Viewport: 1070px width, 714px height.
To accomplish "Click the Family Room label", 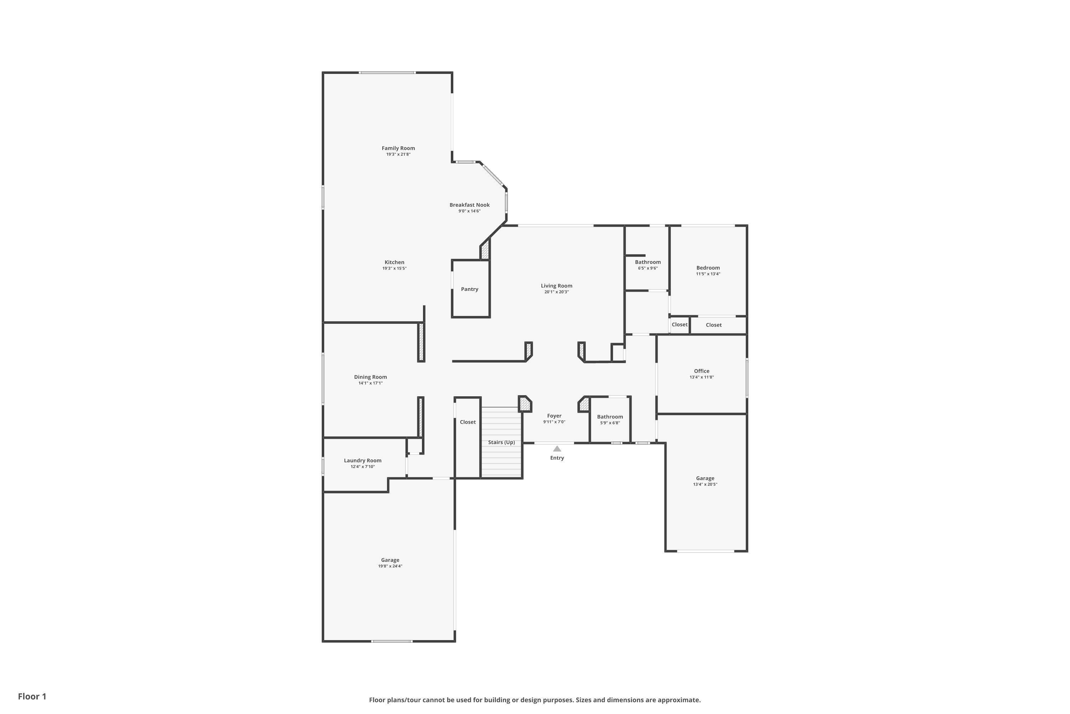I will [398, 148].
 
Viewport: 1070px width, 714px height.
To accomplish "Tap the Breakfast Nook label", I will [469, 205].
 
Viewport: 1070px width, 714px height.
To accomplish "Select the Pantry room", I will [469, 289].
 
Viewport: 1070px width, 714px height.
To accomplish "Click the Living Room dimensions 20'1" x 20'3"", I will [556, 292].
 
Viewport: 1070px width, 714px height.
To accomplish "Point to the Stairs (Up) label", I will [501, 442].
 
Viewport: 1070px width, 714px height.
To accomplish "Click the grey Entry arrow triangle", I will [557, 448].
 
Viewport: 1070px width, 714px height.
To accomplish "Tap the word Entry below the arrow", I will [557, 458].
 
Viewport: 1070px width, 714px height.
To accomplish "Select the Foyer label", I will [554, 416].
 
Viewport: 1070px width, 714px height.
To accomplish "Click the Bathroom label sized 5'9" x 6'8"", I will [610, 417].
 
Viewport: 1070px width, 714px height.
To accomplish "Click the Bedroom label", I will [708, 268].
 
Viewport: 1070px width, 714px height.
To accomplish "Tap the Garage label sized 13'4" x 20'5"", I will [705, 478].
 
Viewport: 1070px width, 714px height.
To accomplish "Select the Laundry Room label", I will [363, 461].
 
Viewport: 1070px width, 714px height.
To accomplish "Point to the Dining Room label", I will [370, 377].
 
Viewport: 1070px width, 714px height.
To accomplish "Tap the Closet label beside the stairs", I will [468, 422].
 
